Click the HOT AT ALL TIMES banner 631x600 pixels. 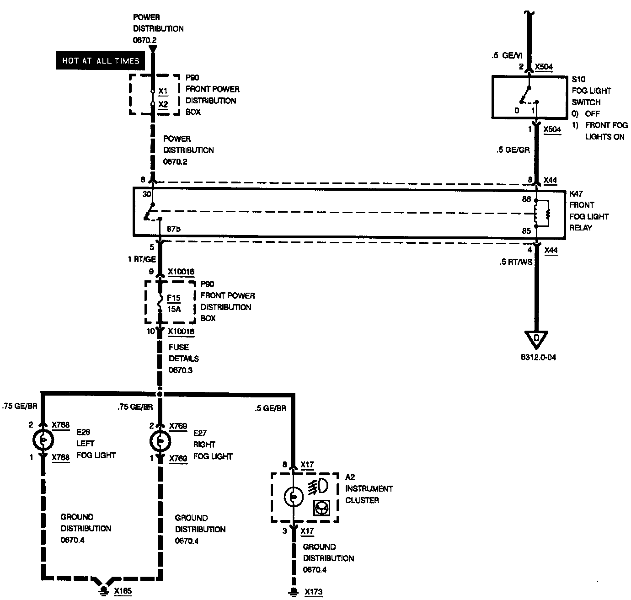(101, 60)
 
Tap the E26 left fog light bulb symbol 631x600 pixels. (43, 440)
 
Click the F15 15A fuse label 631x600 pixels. (174, 303)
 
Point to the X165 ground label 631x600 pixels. (123, 591)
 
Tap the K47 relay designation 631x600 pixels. (576, 193)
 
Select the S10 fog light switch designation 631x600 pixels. (578, 79)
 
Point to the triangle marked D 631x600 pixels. (537, 339)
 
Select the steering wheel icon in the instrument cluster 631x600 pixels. (321, 508)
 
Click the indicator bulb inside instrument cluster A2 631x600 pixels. (293, 497)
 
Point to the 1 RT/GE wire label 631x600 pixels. (142, 259)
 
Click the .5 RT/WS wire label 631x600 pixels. (517, 262)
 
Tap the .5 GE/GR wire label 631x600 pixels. (513, 150)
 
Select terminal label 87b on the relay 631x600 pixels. (173, 229)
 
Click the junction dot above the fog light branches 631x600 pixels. (160, 394)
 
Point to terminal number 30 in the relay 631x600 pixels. (146, 194)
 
